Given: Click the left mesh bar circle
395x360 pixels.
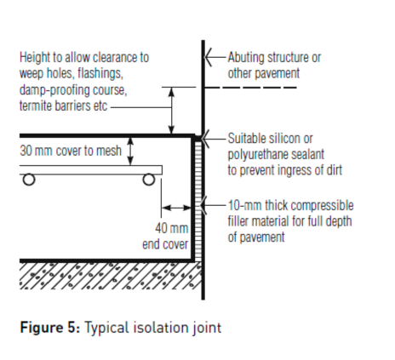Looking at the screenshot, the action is pos(29,180).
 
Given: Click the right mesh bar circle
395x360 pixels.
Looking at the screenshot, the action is pos(149,180).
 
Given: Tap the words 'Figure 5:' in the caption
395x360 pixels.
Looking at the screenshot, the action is pos(50,328).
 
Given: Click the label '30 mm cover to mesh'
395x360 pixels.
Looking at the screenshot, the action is pos(71,151).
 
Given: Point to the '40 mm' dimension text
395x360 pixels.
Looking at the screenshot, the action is pos(172,228).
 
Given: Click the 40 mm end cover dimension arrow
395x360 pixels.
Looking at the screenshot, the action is pos(176,208).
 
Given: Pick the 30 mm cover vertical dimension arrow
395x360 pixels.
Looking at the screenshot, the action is pos(130,151).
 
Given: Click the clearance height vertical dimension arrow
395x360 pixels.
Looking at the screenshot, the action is pos(171,111).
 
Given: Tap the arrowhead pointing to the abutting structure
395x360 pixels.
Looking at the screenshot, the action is pos(208,57).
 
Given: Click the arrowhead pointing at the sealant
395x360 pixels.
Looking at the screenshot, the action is pos(206,139).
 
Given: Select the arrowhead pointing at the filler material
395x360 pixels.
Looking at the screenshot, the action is pos(203,205).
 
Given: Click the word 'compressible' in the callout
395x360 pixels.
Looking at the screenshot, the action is pos(320,205).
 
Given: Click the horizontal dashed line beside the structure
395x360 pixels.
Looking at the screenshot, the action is pos(250,88).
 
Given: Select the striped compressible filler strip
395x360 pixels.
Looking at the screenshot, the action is pos(198,201).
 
